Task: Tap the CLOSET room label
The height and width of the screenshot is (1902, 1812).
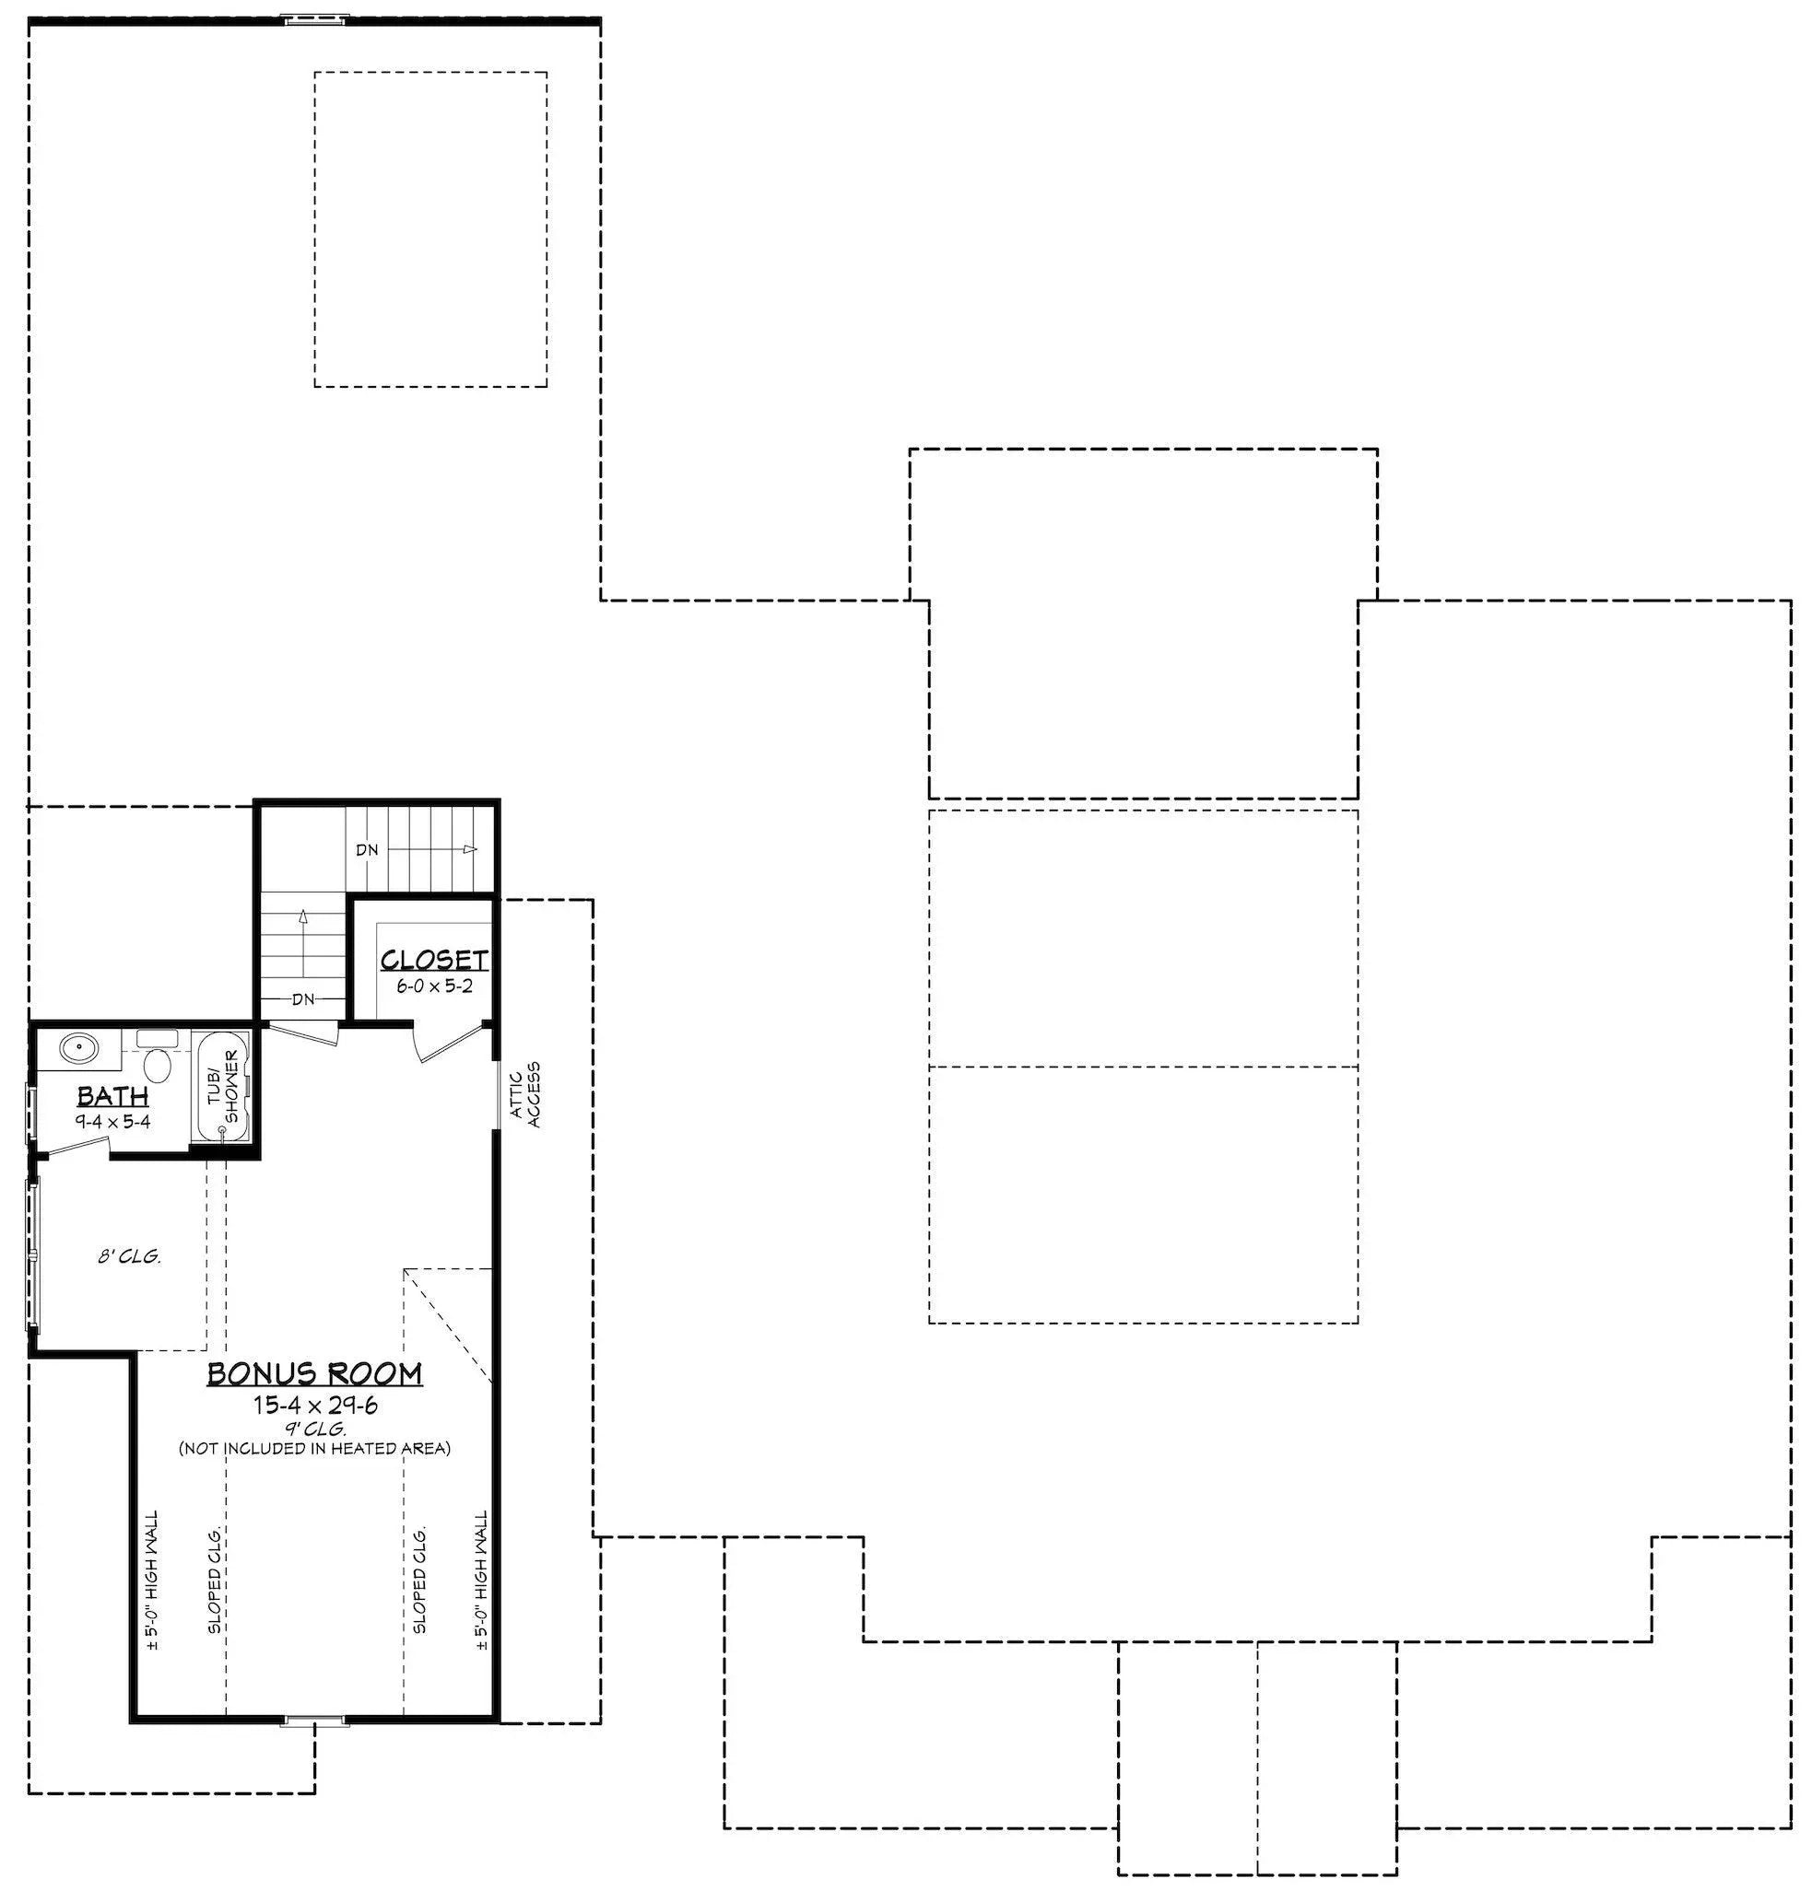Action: point(434,960)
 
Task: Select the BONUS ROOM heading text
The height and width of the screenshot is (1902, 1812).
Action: point(315,1373)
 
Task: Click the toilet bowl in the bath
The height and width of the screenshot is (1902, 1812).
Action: point(157,1066)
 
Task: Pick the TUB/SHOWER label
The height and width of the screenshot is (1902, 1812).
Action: point(224,1088)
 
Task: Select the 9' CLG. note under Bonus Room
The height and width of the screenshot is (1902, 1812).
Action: point(315,1428)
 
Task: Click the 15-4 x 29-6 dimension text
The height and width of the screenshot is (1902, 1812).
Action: point(315,1405)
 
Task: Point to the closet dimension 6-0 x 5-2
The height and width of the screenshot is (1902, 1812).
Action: point(434,986)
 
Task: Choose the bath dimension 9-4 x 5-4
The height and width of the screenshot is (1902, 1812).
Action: point(113,1122)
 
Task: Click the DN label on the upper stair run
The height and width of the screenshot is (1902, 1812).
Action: point(367,849)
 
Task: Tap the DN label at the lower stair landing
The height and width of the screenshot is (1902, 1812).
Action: point(303,999)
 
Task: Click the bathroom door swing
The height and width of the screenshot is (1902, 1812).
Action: point(75,1146)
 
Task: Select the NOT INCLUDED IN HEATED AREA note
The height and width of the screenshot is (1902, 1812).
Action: point(315,1448)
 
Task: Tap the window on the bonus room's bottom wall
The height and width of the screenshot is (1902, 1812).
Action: point(314,1720)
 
